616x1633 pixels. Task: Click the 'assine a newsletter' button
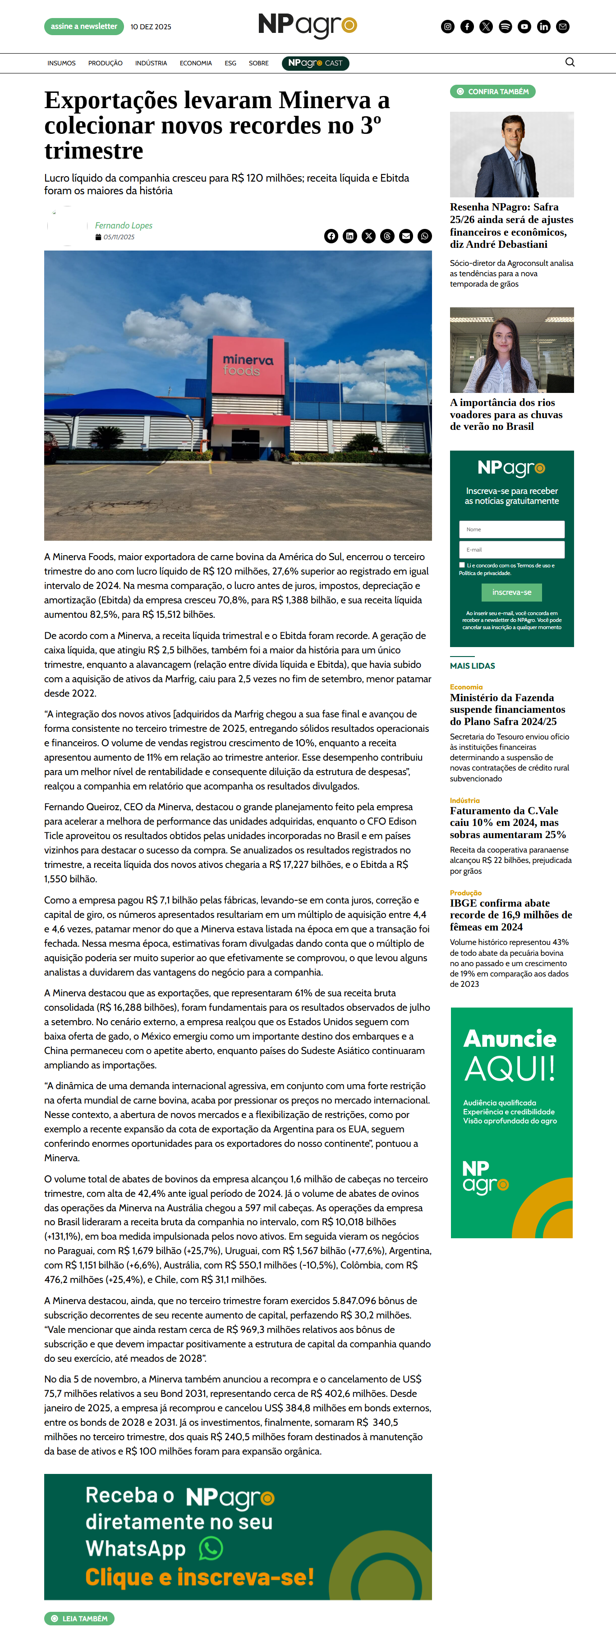click(84, 27)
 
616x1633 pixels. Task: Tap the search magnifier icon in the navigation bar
click(570, 62)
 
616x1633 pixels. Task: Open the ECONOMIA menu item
click(195, 64)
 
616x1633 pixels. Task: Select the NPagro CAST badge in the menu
click(315, 64)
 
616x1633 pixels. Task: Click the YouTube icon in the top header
click(524, 27)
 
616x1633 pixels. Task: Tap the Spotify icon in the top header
click(505, 27)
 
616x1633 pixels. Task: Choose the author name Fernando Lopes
click(124, 226)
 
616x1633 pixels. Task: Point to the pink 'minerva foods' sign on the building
click(248, 365)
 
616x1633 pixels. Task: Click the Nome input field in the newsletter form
click(511, 529)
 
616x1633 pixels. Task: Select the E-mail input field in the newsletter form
click(511, 550)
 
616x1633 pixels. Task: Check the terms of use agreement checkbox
click(462, 565)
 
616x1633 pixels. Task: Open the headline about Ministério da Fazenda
click(507, 709)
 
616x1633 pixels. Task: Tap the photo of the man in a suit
click(511, 155)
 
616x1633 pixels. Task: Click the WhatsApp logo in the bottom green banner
click(211, 1549)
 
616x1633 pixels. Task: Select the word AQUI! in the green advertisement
click(510, 1069)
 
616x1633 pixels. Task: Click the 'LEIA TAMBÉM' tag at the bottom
click(79, 1619)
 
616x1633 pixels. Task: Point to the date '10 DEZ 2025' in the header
click(151, 27)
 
